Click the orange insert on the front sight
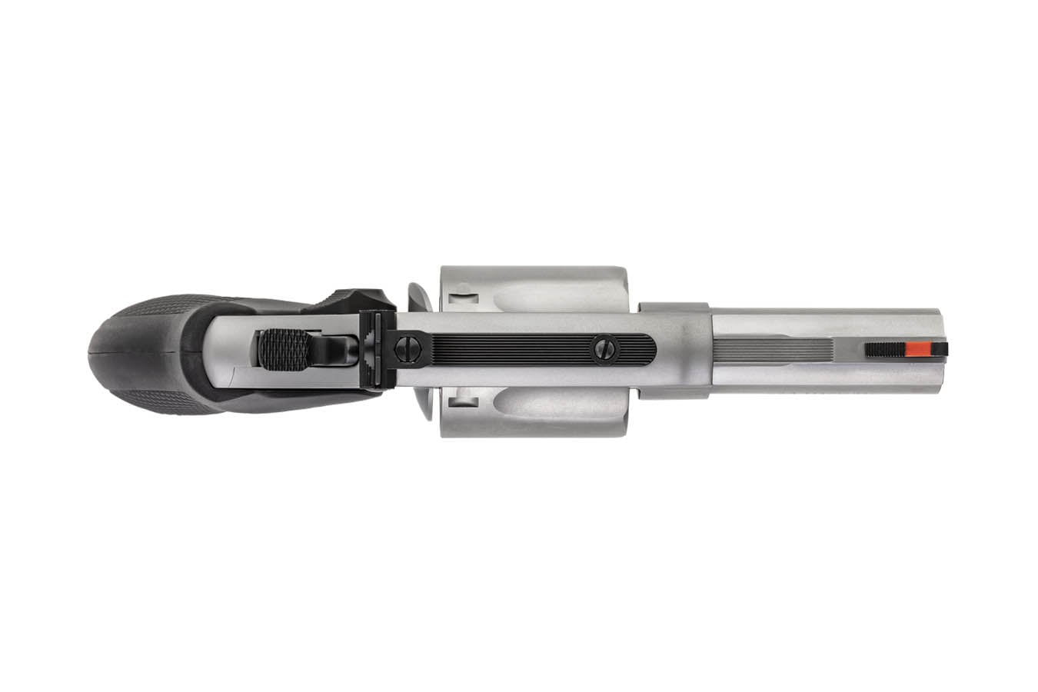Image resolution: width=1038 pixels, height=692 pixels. pyautogui.click(x=914, y=349)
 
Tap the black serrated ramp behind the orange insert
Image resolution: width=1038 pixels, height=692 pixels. pyautogui.click(x=885, y=349)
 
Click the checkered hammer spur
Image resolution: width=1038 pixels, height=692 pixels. pyautogui.click(x=282, y=349)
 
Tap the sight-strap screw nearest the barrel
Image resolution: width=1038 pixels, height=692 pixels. pyautogui.click(x=604, y=351)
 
